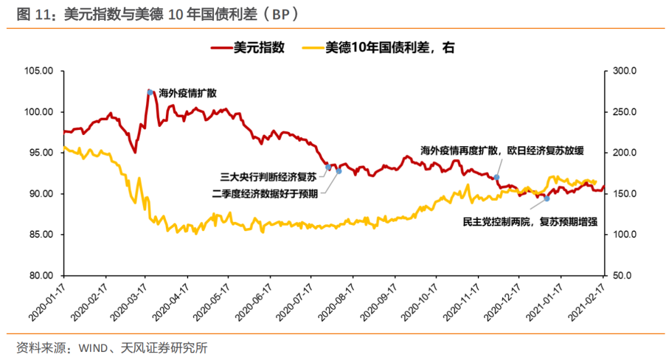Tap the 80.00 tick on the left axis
(43, 276)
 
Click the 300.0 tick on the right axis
(625, 72)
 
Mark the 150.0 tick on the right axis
(625, 194)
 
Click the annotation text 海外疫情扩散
(188, 93)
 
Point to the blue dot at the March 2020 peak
(150, 92)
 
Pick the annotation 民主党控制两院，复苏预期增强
(530, 221)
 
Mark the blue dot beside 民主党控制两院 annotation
(546, 198)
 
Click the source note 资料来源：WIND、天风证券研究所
(112, 348)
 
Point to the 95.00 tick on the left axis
(43, 153)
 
